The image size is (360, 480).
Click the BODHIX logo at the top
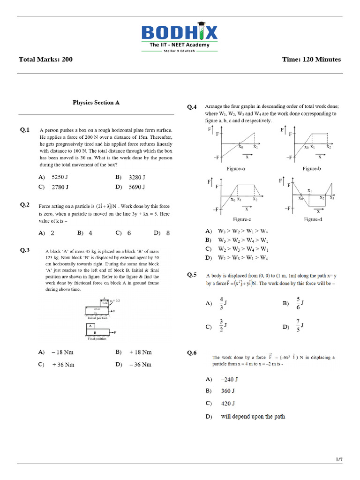[x=180, y=33]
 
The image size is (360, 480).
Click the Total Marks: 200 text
[x=45, y=60]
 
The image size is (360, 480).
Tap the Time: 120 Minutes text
[x=312, y=60]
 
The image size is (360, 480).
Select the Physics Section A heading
[x=96, y=102]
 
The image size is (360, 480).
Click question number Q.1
[x=25, y=130]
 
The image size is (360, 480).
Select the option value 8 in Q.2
[x=168, y=233]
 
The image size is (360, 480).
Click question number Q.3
[x=25, y=250]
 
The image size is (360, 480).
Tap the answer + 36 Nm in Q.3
[x=63, y=364]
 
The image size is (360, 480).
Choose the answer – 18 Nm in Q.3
[x=63, y=352]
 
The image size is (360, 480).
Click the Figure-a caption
[x=235, y=168]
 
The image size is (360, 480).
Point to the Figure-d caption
[x=312, y=219]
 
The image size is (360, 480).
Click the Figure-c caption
[x=242, y=219]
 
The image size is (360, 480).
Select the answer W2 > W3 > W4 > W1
[x=243, y=248]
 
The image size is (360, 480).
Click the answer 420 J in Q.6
[x=228, y=403]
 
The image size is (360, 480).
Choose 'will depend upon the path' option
[x=253, y=416]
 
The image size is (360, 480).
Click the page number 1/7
[x=339, y=460]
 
